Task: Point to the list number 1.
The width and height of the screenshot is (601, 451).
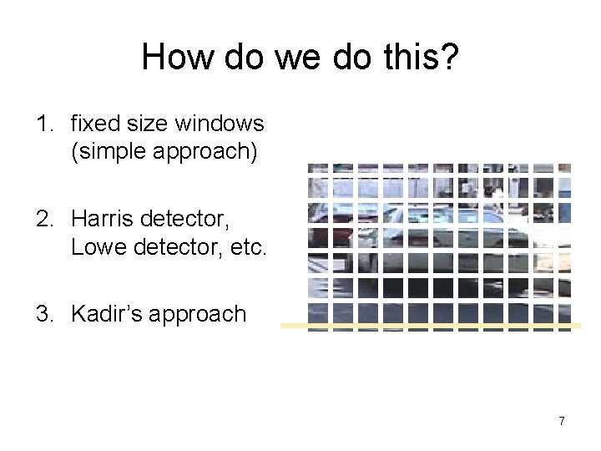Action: click(x=43, y=124)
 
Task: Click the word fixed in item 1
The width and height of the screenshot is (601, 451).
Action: click(x=93, y=124)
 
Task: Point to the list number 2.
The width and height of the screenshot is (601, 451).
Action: click(x=43, y=220)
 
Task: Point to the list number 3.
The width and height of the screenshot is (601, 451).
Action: click(x=43, y=314)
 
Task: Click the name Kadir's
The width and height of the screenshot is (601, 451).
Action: click(x=104, y=314)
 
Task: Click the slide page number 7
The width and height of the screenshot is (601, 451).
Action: click(x=562, y=421)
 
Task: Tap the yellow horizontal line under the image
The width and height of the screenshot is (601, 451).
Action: click(x=430, y=326)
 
